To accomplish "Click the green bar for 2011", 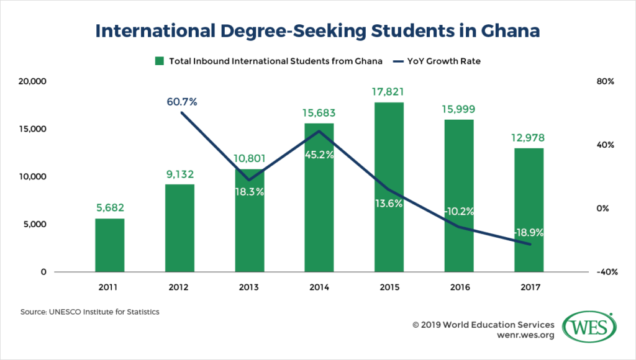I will (x=110, y=245).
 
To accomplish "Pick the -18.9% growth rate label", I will (x=529, y=233).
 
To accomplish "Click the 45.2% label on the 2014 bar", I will (x=319, y=155).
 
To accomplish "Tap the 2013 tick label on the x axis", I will (x=249, y=287).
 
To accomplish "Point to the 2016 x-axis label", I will (x=459, y=287).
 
